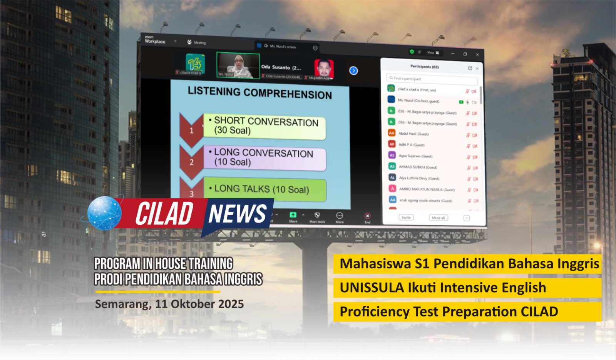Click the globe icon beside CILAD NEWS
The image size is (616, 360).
[x=104, y=213]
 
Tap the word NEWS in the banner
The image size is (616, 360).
[x=237, y=214]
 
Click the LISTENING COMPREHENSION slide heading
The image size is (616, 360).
[x=259, y=93]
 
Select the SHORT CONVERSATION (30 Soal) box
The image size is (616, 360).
[x=264, y=126]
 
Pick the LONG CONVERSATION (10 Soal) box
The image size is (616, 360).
[x=264, y=157]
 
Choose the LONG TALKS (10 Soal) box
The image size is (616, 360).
[x=264, y=189]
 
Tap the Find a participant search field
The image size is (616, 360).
[x=432, y=79]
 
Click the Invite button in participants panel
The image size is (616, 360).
[x=406, y=218]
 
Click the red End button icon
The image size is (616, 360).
[x=367, y=216]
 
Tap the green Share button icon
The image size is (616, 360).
[x=293, y=215]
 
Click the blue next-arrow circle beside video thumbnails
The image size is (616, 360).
[x=353, y=71]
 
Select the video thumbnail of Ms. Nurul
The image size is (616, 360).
[x=238, y=65]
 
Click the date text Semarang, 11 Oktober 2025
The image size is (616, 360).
[x=169, y=304]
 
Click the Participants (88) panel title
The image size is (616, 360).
[x=424, y=67]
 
